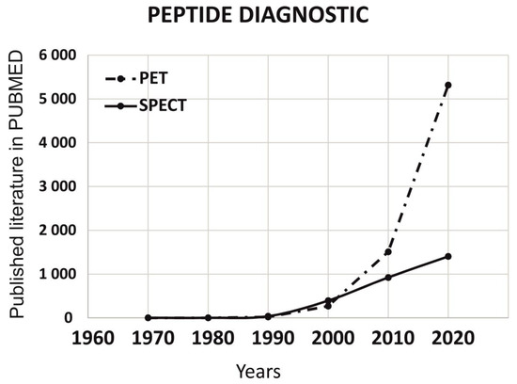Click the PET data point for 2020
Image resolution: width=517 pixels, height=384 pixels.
click(x=448, y=86)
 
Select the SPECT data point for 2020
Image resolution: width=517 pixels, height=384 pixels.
click(x=448, y=256)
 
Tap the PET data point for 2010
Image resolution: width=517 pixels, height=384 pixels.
click(x=388, y=252)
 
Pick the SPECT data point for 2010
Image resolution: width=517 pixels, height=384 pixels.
click(x=388, y=278)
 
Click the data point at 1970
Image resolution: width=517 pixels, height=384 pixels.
click(x=148, y=317)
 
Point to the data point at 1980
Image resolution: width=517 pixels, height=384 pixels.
click(x=208, y=317)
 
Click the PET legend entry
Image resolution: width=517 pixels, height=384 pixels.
click(x=136, y=78)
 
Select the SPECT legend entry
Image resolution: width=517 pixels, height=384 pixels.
click(x=146, y=105)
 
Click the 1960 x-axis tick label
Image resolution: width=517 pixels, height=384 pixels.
click(x=93, y=339)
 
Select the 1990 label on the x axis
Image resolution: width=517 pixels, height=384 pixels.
click(x=273, y=339)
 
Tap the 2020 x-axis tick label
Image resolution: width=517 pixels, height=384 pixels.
click(x=453, y=339)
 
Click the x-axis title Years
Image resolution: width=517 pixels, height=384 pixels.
click(x=258, y=372)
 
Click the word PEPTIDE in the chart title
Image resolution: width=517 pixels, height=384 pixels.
click(x=194, y=15)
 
